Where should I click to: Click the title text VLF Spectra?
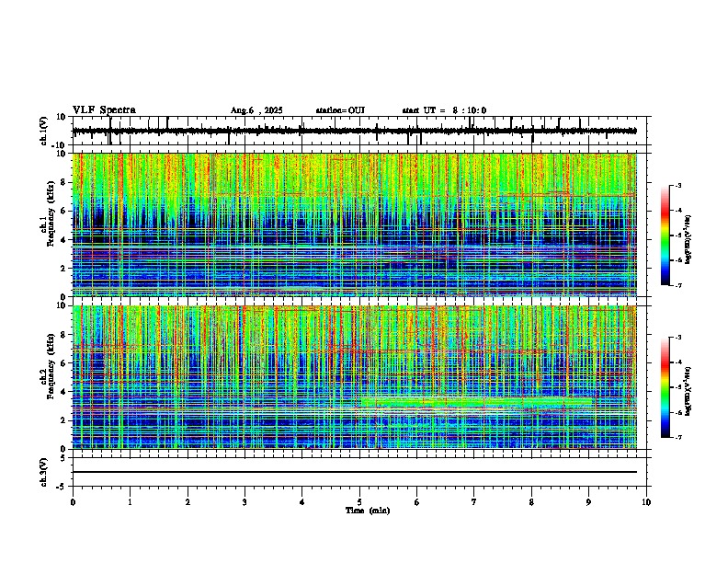pyautogui.click(x=104, y=110)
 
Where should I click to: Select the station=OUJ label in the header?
pyautogui.click(x=340, y=110)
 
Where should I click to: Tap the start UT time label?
pyautogui.click(x=444, y=110)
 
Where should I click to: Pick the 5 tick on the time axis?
pyautogui.click(x=359, y=502)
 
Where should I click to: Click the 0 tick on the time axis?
pyautogui.click(x=73, y=502)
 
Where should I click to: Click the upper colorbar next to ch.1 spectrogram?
pyautogui.click(x=673, y=236)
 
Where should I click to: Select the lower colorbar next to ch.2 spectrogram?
pyautogui.click(x=673, y=387)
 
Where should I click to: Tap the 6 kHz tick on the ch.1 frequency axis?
pyautogui.click(x=65, y=211)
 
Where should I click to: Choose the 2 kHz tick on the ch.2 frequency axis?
pyautogui.click(x=65, y=419)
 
